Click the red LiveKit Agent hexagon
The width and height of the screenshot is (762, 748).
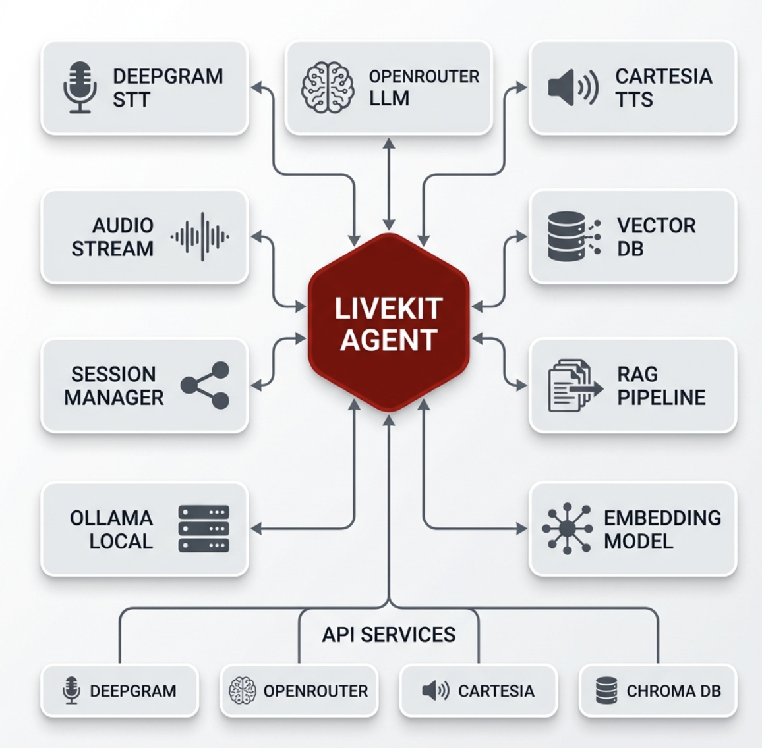(x=389, y=323)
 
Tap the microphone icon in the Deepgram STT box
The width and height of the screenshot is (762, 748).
(x=80, y=88)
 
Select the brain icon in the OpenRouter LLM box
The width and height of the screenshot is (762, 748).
(x=328, y=88)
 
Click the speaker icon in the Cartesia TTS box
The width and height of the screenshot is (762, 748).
(x=573, y=88)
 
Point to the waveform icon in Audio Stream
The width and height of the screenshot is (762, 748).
(x=200, y=236)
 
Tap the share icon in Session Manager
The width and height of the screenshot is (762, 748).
(x=206, y=385)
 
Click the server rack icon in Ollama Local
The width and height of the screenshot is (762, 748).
(x=204, y=529)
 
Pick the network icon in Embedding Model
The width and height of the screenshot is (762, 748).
(x=567, y=529)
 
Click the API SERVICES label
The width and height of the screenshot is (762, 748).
(x=389, y=635)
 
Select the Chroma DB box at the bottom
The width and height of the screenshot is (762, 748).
(x=658, y=691)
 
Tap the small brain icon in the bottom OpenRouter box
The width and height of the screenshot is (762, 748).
(x=242, y=691)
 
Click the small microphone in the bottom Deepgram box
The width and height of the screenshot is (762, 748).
(x=71, y=691)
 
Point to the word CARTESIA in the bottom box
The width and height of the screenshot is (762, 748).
(x=496, y=691)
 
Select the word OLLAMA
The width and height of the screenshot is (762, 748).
(x=111, y=518)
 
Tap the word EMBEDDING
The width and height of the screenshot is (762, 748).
(x=662, y=518)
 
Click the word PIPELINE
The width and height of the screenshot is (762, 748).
(x=661, y=398)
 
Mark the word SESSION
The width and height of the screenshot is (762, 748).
(x=113, y=374)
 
